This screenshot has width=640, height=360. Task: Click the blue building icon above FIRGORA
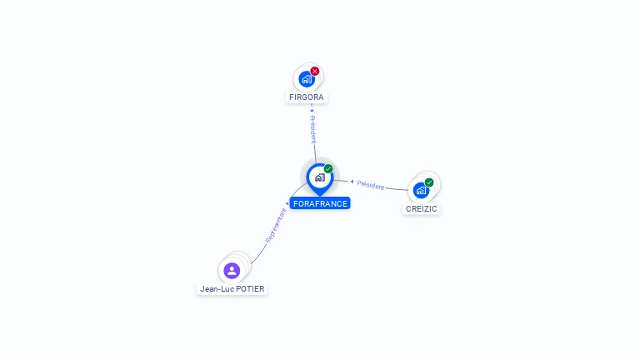click(306, 79)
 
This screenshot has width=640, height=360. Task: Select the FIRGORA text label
click(306, 97)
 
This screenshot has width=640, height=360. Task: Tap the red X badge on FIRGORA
click(315, 71)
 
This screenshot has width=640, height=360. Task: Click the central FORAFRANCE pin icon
click(319, 177)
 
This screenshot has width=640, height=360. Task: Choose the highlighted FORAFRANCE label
click(320, 203)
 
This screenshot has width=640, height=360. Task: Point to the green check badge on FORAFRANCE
click(328, 168)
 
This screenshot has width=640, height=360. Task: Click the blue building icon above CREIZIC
click(421, 190)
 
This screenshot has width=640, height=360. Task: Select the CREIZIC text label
click(421, 208)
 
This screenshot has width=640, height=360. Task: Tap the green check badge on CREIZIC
click(429, 182)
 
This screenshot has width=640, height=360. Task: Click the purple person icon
click(232, 270)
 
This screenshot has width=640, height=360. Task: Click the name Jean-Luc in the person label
click(217, 289)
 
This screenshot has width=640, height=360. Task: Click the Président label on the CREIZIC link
click(371, 185)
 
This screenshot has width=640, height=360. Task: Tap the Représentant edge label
click(276, 225)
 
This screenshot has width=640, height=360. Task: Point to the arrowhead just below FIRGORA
click(312, 108)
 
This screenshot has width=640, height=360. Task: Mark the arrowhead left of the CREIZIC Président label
click(352, 181)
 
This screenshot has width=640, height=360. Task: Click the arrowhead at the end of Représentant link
click(287, 203)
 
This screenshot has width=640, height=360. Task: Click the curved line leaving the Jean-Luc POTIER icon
click(255, 258)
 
